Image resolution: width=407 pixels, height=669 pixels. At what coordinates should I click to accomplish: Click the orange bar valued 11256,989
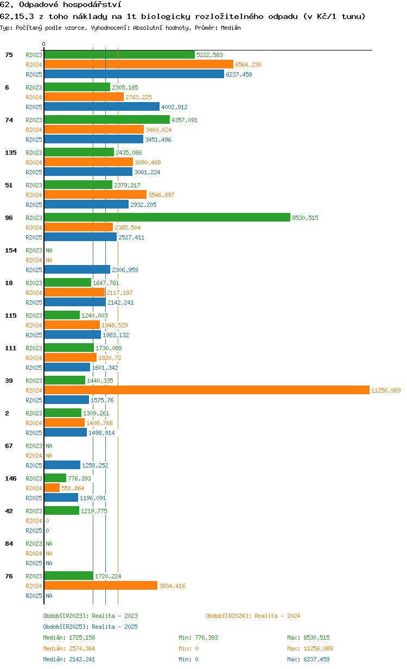(x=207, y=390)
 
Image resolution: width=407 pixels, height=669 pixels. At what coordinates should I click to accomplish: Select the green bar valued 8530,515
(x=167, y=217)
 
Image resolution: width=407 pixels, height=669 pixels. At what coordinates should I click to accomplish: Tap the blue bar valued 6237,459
(x=134, y=74)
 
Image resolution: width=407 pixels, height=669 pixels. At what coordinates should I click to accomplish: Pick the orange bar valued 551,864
(x=52, y=488)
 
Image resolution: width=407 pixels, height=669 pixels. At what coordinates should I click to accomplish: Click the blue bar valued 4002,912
(x=102, y=106)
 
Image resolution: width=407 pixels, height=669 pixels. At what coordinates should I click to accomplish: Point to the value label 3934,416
(x=172, y=586)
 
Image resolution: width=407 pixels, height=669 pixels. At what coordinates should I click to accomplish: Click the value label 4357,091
(x=185, y=120)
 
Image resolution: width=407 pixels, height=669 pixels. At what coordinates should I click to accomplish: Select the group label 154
(x=11, y=250)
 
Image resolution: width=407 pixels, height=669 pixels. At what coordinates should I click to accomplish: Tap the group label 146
(x=11, y=478)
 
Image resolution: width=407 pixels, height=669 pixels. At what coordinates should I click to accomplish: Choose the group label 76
(x=9, y=576)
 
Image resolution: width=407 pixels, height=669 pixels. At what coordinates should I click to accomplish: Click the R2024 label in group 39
(x=34, y=390)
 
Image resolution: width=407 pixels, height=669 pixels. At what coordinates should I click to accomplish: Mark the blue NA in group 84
(x=49, y=563)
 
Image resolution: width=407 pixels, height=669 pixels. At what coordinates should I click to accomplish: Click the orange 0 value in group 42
(x=47, y=521)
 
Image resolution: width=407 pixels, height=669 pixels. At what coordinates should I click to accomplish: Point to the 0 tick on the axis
(x=43, y=44)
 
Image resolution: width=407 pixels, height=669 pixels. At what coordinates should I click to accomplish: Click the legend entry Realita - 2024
(x=253, y=616)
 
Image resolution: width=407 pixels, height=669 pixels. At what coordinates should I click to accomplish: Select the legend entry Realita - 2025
(x=91, y=627)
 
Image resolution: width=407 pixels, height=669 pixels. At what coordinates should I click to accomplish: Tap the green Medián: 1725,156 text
(x=69, y=638)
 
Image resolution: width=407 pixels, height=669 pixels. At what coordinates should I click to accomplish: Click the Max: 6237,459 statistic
(x=308, y=659)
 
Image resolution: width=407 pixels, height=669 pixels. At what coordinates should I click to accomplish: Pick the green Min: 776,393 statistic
(x=199, y=638)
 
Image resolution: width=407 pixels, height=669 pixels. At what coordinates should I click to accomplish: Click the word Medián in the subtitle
(x=231, y=28)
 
